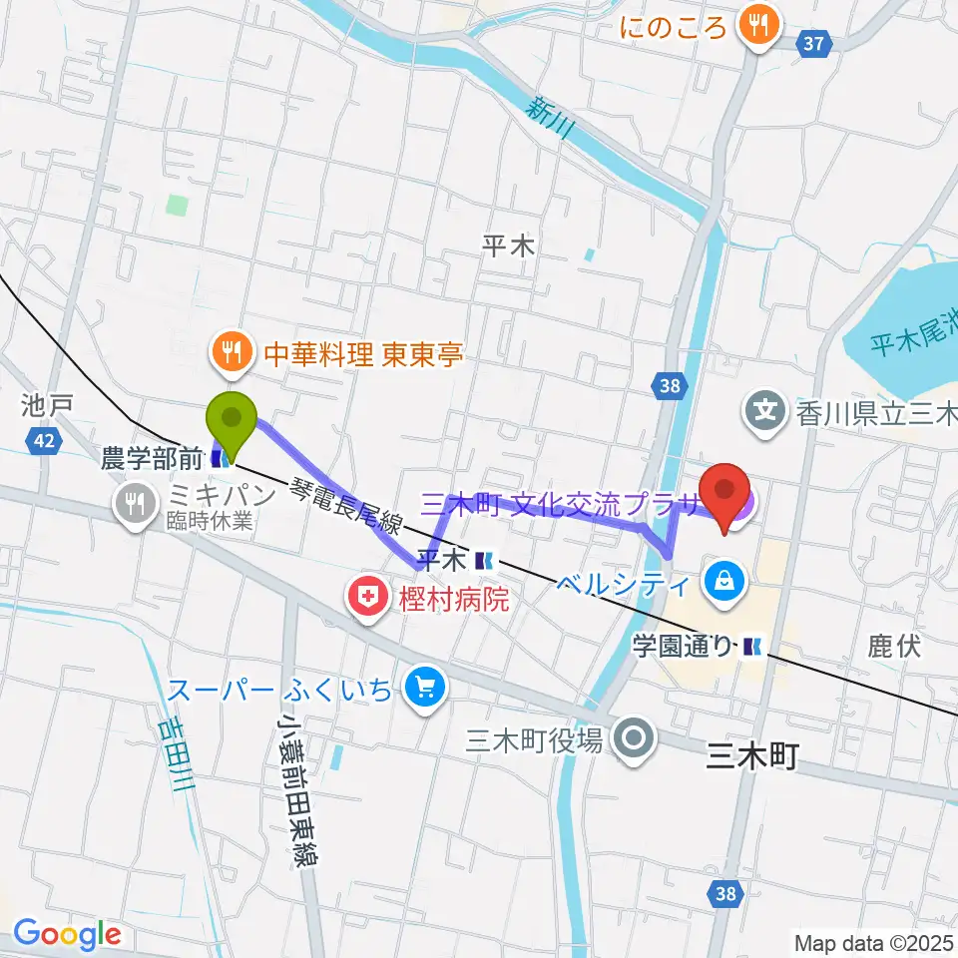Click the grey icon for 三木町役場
634,739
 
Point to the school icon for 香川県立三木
765,409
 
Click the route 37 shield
815,43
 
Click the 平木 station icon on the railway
484,560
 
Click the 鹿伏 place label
893,647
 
